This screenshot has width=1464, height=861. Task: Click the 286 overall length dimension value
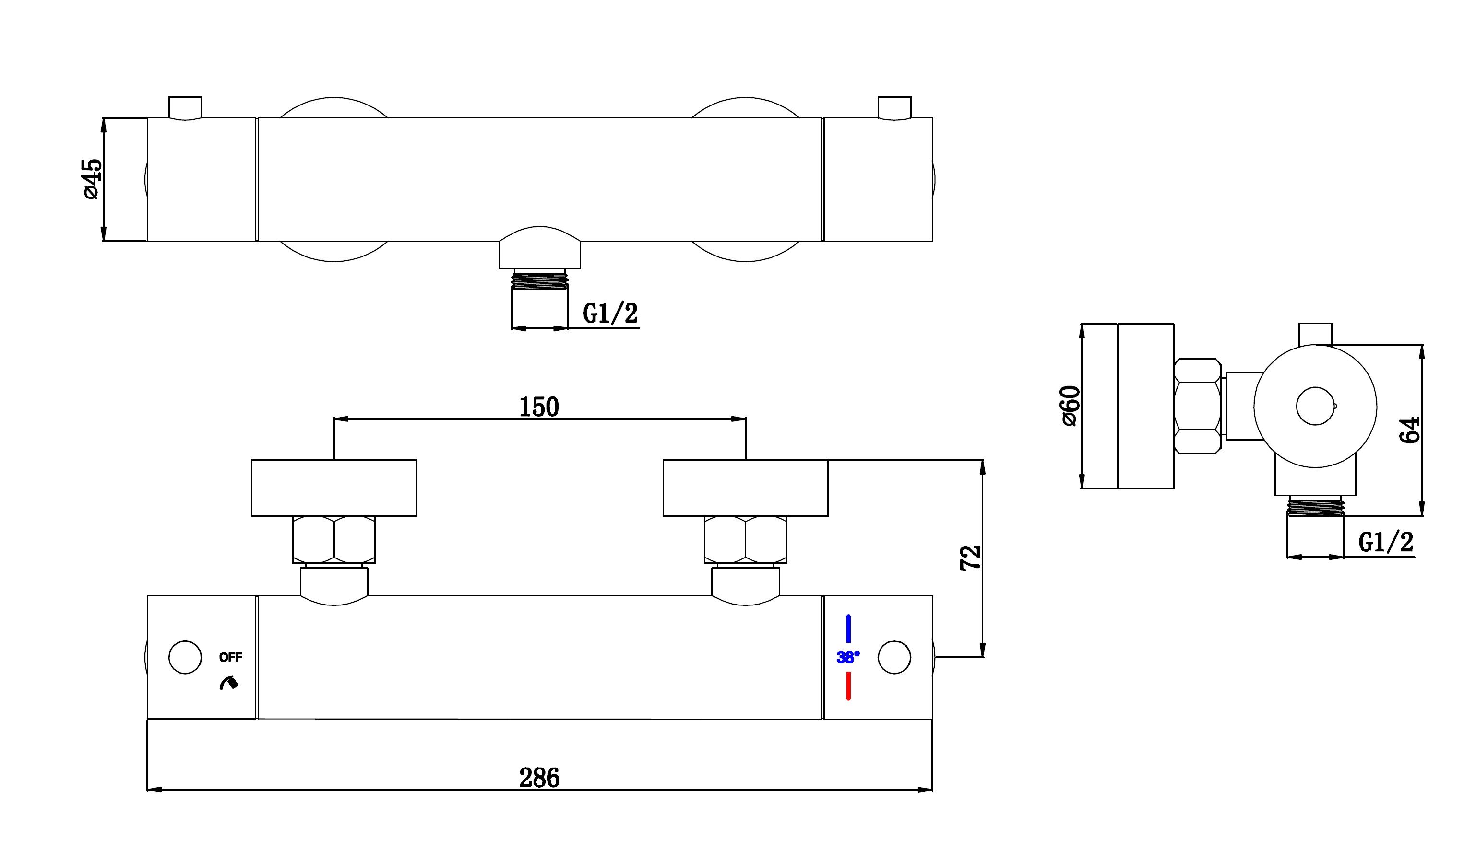(x=539, y=778)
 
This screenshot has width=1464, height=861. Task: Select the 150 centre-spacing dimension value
(x=539, y=407)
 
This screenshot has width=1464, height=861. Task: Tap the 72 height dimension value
(x=971, y=558)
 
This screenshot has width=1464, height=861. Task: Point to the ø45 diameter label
(x=93, y=179)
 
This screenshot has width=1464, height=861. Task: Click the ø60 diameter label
(x=1070, y=406)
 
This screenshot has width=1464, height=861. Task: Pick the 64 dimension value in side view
(x=1409, y=430)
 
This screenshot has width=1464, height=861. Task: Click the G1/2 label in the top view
(x=610, y=314)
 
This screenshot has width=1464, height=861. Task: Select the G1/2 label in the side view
(x=1386, y=542)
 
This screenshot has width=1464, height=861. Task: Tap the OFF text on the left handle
(x=231, y=657)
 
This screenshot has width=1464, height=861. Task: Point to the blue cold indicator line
(x=848, y=629)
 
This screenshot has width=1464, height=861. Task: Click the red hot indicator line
(x=848, y=686)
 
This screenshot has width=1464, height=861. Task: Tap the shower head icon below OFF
(x=229, y=683)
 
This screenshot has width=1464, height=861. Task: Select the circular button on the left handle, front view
(x=185, y=658)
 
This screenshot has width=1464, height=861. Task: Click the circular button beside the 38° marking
(x=894, y=658)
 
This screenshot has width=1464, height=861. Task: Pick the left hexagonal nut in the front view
(x=334, y=539)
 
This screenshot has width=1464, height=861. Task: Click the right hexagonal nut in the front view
(x=745, y=539)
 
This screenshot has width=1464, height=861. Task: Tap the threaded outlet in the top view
(x=540, y=279)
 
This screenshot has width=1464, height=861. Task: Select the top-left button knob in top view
(x=185, y=108)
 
